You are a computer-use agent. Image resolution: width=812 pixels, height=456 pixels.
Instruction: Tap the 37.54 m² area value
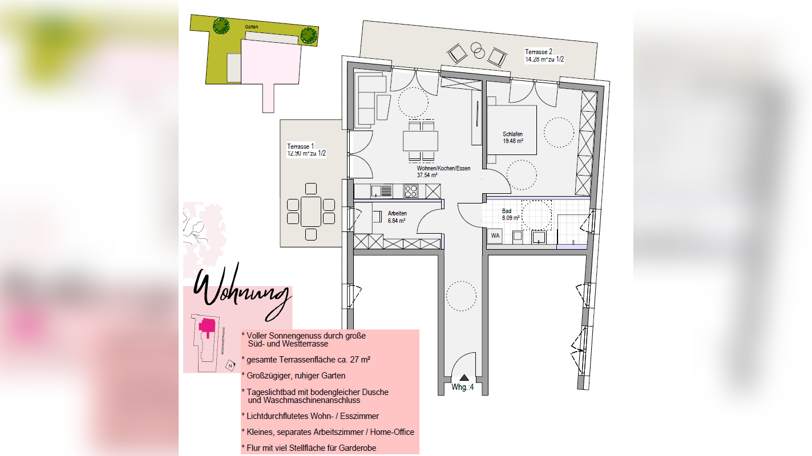tap(427, 176)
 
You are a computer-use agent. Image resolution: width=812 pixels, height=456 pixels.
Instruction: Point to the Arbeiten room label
tap(397, 213)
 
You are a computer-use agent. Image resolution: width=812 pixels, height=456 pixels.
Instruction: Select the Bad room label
tap(507, 211)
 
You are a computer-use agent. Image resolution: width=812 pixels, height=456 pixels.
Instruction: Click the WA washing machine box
tap(495, 235)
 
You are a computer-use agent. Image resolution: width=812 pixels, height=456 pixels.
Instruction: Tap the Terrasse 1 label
tap(301, 146)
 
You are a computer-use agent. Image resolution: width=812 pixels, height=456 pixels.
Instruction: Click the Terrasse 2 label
tap(539, 52)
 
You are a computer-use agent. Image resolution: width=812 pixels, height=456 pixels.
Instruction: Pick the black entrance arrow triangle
tap(464, 377)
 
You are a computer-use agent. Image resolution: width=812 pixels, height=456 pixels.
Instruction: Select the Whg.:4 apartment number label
tap(463, 388)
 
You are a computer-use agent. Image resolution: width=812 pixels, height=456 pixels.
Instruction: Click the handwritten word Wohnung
tap(243, 292)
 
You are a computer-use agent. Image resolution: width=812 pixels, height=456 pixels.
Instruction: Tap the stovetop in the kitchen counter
tap(411, 191)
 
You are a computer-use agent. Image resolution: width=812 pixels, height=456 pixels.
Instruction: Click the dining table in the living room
tap(421, 140)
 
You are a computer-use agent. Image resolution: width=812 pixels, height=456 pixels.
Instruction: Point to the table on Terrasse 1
tap(310, 211)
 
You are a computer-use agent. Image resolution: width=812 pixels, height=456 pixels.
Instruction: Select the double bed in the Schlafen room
tap(511, 130)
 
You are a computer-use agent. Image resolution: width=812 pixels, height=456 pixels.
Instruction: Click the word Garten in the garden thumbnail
tap(251, 27)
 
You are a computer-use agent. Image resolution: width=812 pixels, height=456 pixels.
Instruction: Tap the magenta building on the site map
tap(207, 326)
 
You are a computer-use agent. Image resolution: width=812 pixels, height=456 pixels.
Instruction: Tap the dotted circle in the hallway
tap(461, 295)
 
